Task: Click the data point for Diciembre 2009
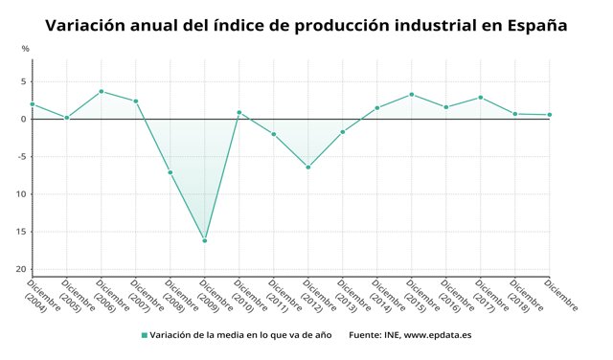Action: [x=204, y=240]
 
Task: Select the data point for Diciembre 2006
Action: [x=101, y=91]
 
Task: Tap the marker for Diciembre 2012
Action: [x=307, y=168]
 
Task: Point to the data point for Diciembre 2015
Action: [x=411, y=94]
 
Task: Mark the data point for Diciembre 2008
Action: [x=170, y=172]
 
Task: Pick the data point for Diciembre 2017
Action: [x=480, y=97]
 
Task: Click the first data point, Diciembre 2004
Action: [x=32, y=103]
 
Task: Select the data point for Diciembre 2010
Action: [x=238, y=112]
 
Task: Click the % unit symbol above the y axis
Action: [x=25, y=48]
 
